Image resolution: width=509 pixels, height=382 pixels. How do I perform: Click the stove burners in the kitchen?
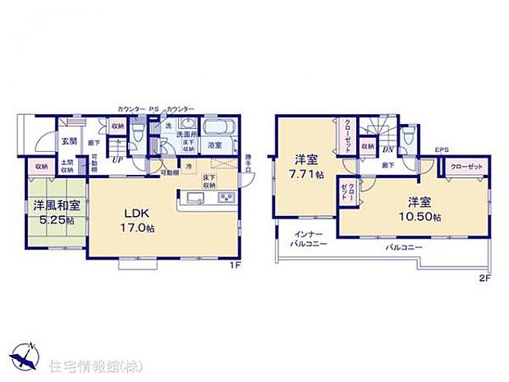(226, 199)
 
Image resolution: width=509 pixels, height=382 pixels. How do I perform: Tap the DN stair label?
(387, 150)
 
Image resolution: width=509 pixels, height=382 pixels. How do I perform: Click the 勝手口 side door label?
(249, 161)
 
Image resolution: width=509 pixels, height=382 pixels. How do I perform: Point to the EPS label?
(442, 149)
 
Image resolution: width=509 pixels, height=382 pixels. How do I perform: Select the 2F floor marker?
(485, 277)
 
